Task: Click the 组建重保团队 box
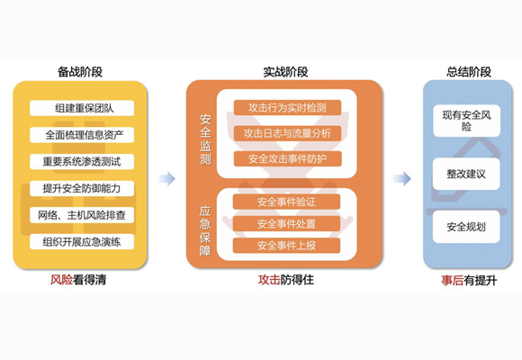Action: tap(82, 108)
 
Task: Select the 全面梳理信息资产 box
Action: tap(82, 135)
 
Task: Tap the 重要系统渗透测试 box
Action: tap(82, 161)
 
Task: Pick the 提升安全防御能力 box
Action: tap(82, 188)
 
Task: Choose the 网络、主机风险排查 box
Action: tap(82, 215)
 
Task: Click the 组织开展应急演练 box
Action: tap(82, 241)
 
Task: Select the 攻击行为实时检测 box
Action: tap(287, 108)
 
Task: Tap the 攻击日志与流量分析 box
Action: tap(287, 133)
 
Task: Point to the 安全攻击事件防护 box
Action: tap(287, 158)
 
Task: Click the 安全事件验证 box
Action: tap(286, 202)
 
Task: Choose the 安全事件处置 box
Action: tap(286, 223)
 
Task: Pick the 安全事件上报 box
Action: tap(286, 246)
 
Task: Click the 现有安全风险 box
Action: tap(466, 121)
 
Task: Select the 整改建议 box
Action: tap(466, 174)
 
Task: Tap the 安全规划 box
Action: tap(466, 227)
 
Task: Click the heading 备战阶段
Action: tap(80, 72)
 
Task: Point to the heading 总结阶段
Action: tap(469, 72)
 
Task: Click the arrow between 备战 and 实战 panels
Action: tap(166, 179)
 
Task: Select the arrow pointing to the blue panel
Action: tap(402, 179)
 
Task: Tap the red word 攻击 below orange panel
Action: tap(269, 280)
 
